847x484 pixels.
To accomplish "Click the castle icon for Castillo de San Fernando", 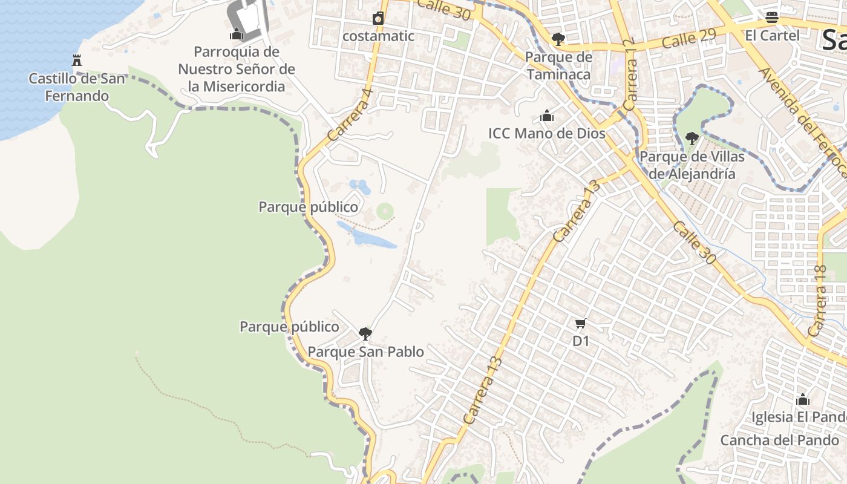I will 77,60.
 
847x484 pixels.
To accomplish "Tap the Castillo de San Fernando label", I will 77,87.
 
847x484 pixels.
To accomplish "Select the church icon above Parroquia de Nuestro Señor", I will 237,34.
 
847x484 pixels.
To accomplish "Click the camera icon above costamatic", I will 378,18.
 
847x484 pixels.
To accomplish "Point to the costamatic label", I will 378,36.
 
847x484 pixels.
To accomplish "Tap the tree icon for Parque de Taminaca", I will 558,39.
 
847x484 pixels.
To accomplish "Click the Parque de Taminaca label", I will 558,65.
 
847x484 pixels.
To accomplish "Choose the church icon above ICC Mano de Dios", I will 547,116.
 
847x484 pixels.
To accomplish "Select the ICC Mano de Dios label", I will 547,133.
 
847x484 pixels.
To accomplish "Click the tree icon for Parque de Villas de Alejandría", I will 692,139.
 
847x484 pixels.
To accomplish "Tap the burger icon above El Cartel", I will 772,17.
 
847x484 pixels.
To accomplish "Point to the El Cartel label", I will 772,35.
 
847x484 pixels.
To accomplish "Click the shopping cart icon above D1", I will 581,324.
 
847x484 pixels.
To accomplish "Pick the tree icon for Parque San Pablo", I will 365,333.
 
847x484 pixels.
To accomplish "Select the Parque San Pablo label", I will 365,352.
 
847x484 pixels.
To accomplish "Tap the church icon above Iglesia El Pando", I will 803,399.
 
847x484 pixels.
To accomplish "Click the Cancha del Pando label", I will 779,440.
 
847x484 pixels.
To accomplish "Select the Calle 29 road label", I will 688,38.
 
